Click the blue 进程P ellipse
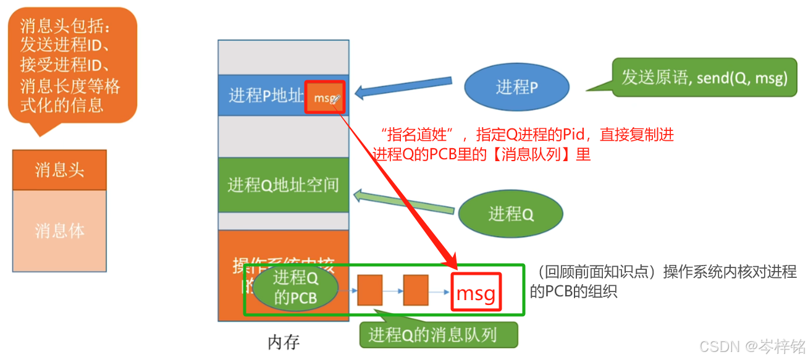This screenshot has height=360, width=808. click(516, 87)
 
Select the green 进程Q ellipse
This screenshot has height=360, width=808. click(510, 214)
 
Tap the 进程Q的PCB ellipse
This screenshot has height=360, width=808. click(295, 288)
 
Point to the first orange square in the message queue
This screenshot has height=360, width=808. click(370, 290)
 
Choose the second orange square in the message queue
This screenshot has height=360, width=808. click(416, 290)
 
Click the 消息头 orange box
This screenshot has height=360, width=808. click(59, 170)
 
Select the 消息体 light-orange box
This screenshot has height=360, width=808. click(59, 231)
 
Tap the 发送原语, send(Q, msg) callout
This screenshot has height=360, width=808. click(704, 78)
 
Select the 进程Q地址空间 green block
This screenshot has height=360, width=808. click(284, 185)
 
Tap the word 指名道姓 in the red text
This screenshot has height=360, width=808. click(418, 135)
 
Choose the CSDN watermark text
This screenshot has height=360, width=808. click(752, 345)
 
